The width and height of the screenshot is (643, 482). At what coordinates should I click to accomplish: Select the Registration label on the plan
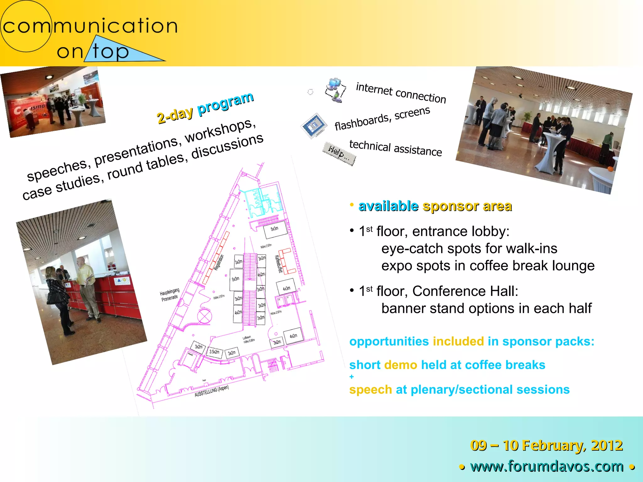[219, 262]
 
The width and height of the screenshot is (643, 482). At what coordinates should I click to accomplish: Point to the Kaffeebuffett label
[278, 264]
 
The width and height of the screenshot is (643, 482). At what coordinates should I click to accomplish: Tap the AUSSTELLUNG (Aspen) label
[211, 391]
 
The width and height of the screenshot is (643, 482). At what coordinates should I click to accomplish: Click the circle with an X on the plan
[204, 316]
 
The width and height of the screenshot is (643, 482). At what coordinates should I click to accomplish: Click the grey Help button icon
[339, 153]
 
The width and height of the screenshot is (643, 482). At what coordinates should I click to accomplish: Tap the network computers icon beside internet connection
[335, 90]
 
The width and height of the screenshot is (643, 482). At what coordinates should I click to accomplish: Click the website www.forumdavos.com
[547, 466]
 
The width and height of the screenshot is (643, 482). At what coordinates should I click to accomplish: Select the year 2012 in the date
[607, 446]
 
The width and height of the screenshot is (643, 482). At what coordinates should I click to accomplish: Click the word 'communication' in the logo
[90, 26]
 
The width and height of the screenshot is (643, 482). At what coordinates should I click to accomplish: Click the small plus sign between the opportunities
[352, 377]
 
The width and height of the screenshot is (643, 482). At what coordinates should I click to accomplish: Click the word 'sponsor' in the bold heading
[451, 206]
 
